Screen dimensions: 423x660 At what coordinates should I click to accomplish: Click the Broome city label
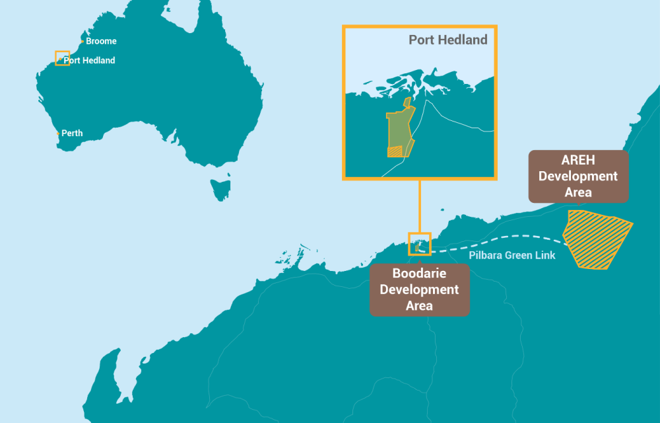pyautogui.click(x=101, y=41)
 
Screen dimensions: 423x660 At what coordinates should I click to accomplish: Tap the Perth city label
pyautogui.click(x=72, y=133)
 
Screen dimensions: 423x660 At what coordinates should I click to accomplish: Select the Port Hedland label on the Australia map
pyautogui.click(x=89, y=60)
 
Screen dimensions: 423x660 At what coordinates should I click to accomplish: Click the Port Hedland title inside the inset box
pyautogui.click(x=447, y=40)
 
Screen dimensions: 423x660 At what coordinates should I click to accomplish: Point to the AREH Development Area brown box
pyautogui.click(x=578, y=176)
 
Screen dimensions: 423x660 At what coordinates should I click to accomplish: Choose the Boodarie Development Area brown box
pyautogui.click(x=419, y=289)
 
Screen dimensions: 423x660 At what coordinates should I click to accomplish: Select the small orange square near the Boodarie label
pyautogui.click(x=420, y=244)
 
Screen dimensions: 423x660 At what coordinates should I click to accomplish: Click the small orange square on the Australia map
pyautogui.click(x=62, y=58)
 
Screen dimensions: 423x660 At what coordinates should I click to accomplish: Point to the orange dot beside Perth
pyautogui.click(x=58, y=134)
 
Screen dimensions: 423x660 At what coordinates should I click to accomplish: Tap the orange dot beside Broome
pyautogui.click(x=82, y=42)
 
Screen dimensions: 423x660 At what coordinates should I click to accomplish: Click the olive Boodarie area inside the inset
pyautogui.click(x=398, y=129)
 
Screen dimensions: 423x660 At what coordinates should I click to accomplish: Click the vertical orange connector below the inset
pyautogui.click(x=420, y=206)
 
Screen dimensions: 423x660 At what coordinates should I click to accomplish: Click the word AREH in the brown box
pyautogui.click(x=578, y=161)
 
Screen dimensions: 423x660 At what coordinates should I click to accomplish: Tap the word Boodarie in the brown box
pyautogui.click(x=419, y=274)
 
